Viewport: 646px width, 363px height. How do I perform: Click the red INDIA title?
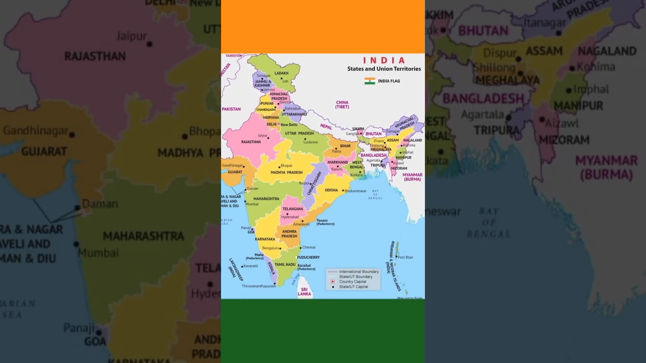coord(384,60)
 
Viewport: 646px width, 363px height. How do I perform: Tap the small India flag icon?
coord(370,81)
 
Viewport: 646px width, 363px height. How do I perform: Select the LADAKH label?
coord(281,73)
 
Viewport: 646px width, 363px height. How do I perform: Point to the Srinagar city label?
coord(263,76)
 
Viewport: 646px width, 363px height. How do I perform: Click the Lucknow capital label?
coord(310,142)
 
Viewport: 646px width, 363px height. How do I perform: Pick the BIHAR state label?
coord(345,146)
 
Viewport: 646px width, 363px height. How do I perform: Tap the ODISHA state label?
coord(331,190)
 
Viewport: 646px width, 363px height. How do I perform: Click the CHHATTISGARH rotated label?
coord(314,183)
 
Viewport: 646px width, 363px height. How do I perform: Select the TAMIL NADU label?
coord(285,264)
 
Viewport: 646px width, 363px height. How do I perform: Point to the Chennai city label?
coord(309,247)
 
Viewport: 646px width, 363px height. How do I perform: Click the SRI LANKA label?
coord(304,291)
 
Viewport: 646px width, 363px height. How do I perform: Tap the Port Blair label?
coord(405,257)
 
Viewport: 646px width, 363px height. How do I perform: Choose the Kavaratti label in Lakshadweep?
coord(250,266)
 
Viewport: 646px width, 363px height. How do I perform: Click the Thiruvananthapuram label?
coord(258,286)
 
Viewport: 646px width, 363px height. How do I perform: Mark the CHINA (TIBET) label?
coord(342,104)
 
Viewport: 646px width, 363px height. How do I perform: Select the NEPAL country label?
coord(326,127)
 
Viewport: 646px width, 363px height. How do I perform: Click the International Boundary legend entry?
coord(358,272)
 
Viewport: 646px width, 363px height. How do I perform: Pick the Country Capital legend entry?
coord(353,282)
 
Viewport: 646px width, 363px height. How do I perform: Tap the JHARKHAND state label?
coord(338,162)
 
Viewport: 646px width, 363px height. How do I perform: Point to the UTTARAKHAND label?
coord(294,114)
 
